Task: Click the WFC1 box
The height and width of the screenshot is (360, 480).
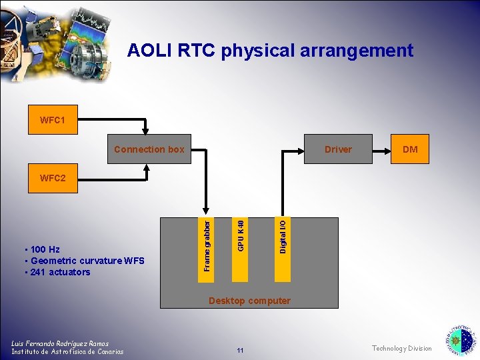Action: [x=53, y=120]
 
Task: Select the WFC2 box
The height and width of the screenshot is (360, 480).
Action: [x=53, y=178]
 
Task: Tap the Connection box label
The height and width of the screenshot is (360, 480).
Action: [x=149, y=149]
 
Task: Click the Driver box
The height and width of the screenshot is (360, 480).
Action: [x=338, y=149]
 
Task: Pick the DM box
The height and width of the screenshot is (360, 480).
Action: [x=410, y=149]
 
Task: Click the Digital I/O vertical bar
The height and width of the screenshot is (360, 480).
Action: [x=283, y=236]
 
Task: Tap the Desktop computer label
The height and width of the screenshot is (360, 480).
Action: [x=249, y=301]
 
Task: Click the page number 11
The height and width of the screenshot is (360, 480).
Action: [x=241, y=351]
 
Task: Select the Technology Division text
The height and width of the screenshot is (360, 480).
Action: [x=401, y=348]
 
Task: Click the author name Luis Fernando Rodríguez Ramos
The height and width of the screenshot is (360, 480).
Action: [x=60, y=343]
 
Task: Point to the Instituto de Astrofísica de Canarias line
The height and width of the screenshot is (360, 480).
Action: [x=67, y=351]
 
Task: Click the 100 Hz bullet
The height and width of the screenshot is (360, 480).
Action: [x=44, y=249]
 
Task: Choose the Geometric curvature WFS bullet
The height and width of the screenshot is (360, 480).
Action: [x=84, y=261]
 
